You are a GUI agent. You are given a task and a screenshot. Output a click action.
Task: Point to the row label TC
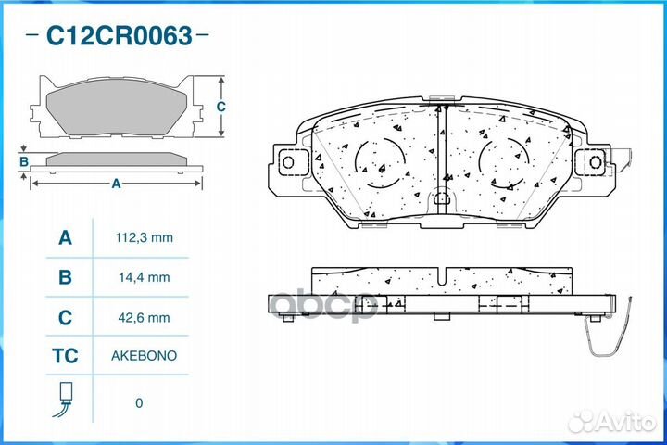65,356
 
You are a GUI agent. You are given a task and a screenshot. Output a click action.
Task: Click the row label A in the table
65,237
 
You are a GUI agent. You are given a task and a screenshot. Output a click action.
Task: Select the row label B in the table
65,277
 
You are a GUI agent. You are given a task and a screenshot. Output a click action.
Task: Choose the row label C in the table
65,317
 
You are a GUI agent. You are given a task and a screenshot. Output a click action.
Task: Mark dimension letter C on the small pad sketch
220,107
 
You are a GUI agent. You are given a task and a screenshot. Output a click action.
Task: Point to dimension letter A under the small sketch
116,184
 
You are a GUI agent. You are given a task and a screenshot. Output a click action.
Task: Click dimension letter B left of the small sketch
25,162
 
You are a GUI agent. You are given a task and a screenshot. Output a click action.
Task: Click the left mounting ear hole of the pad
287,163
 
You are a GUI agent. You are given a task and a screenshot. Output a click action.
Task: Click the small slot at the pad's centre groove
442,196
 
